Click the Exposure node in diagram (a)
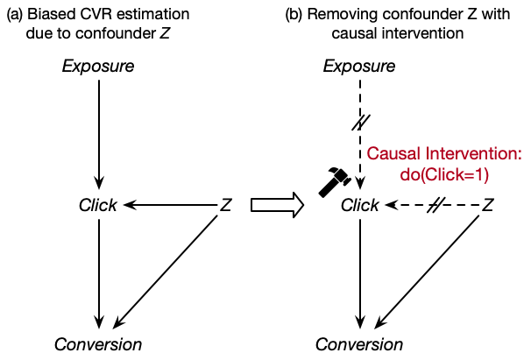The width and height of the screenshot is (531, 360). [99, 67]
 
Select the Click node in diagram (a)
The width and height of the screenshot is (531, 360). [98, 206]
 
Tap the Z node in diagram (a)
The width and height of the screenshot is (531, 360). [225, 206]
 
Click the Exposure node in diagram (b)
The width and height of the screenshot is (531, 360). [359, 67]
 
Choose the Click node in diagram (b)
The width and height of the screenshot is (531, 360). [359, 206]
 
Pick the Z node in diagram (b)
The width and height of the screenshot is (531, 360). [488, 206]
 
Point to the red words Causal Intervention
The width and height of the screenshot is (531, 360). [443, 154]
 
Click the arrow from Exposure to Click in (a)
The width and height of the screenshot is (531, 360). [99, 131]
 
